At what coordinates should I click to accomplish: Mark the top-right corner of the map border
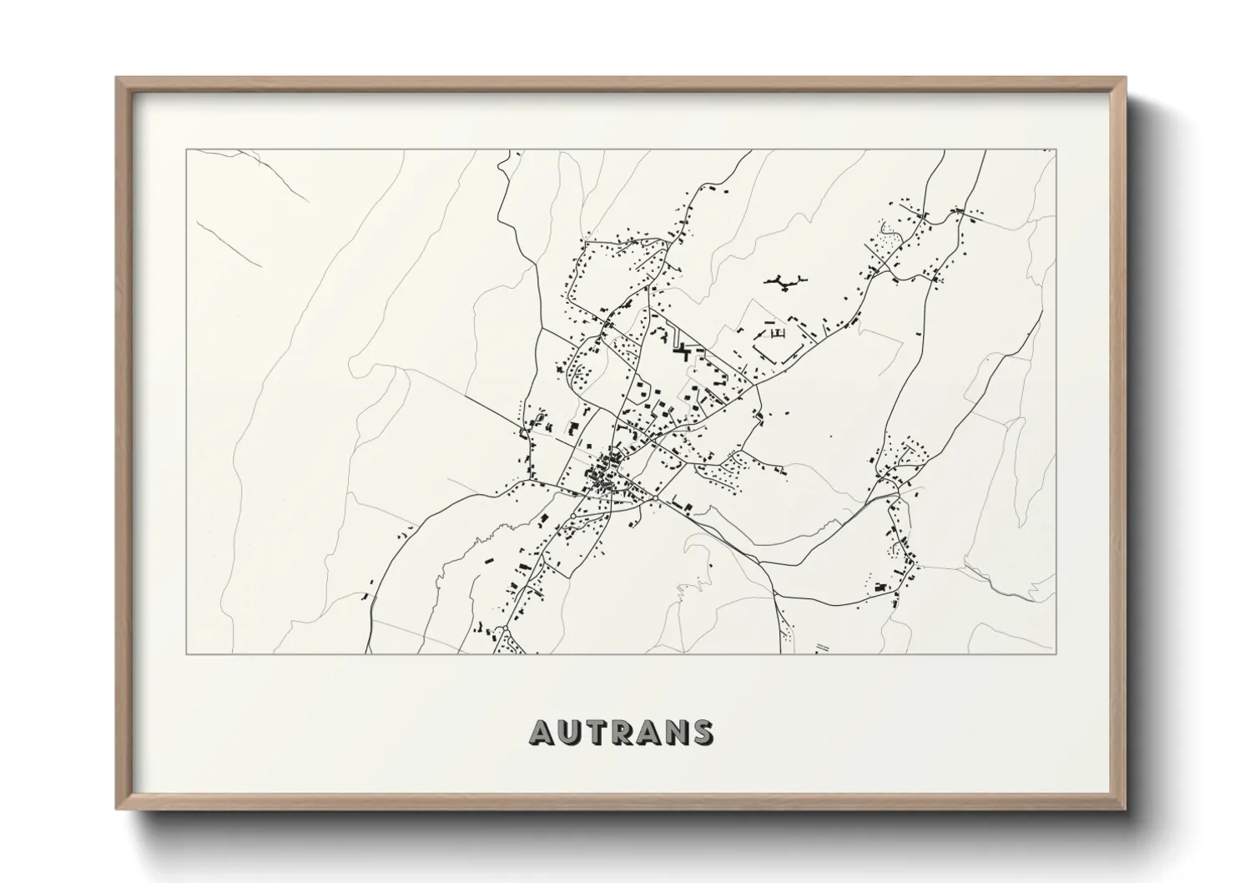(1056, 150)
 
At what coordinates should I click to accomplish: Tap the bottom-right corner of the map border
(1056, 653)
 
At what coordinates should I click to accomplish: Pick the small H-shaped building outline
(780, 334)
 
